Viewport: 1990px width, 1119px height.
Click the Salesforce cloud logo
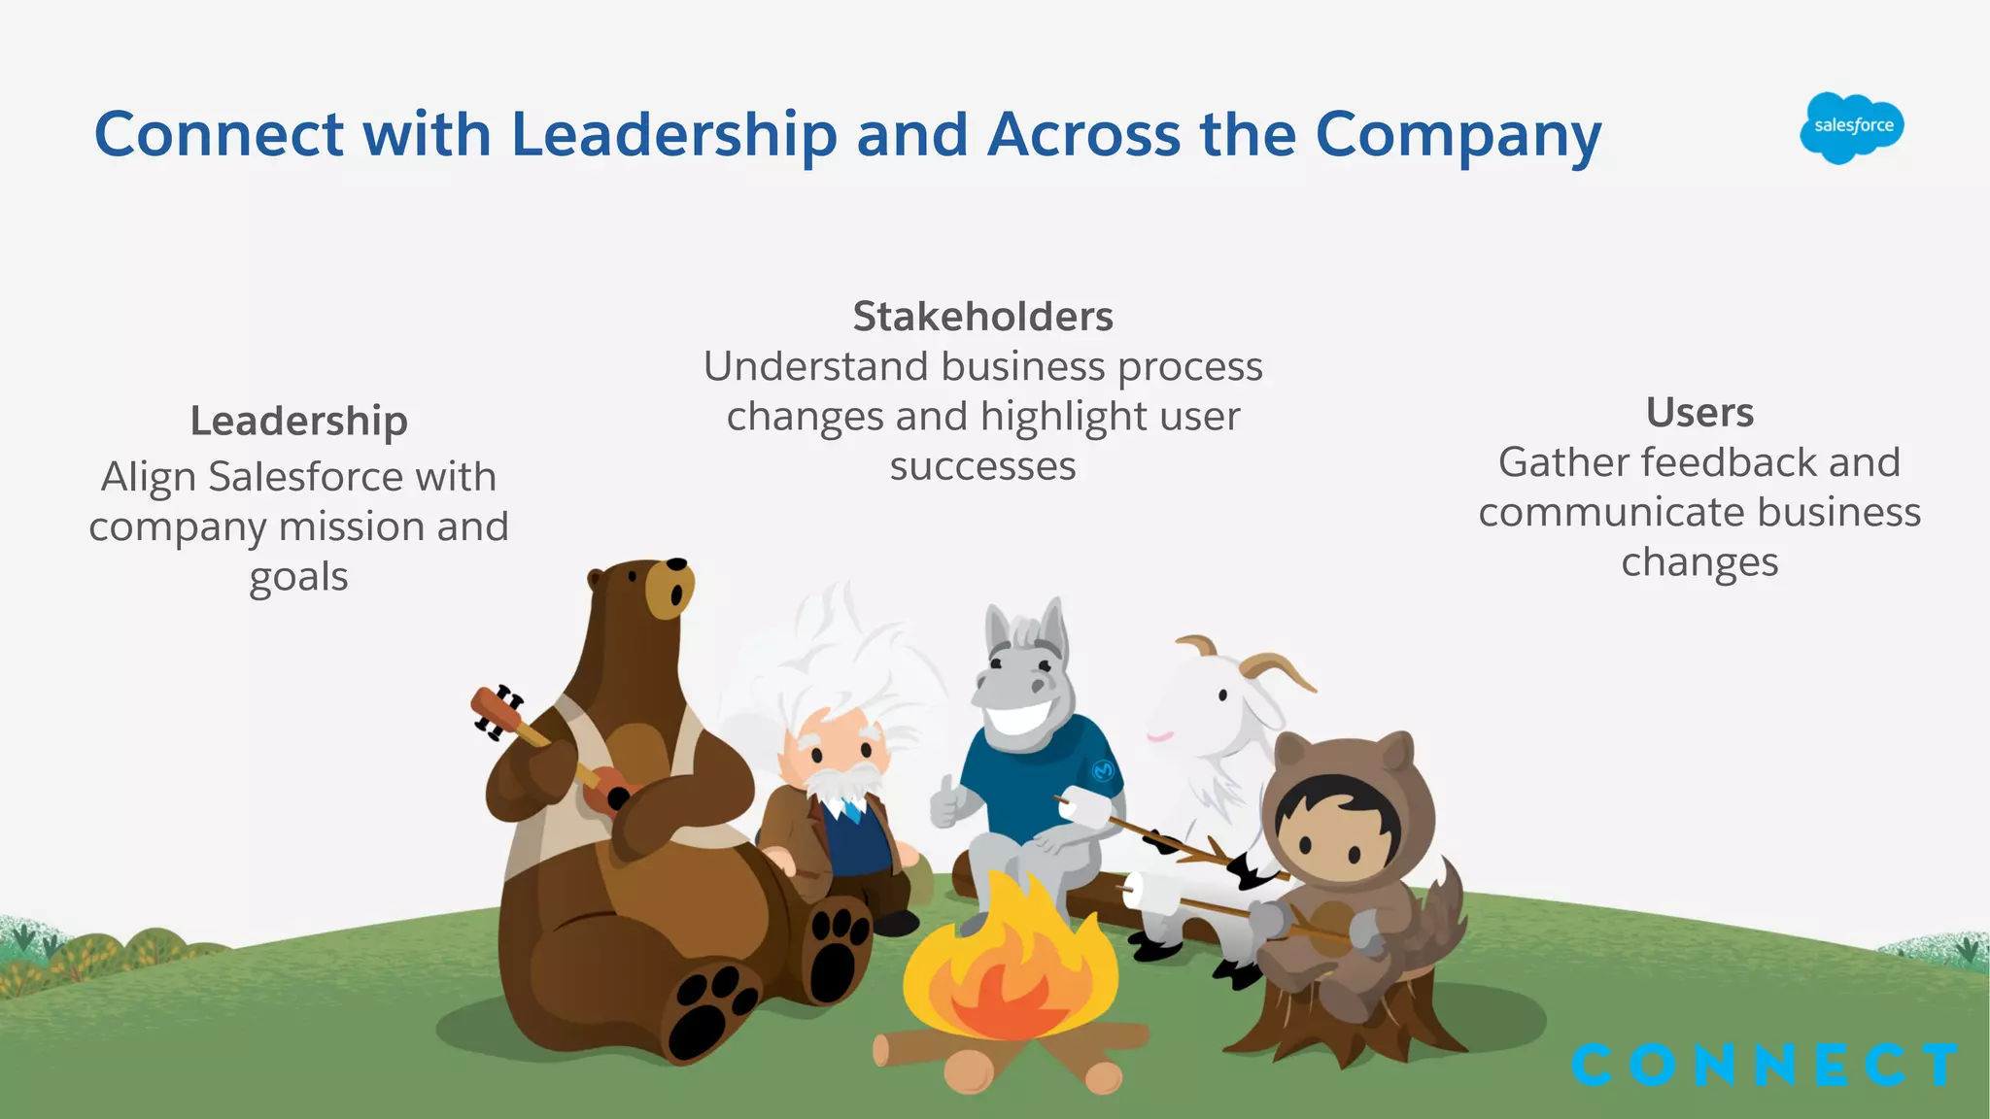point(1851,127)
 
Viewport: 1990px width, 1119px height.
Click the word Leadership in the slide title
point(673,134)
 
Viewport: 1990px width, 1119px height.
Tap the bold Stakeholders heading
point(982,317)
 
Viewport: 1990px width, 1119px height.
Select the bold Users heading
point(1699,413)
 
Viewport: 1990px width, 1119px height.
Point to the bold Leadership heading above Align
point(298,421)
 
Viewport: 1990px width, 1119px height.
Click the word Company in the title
point(1458,134)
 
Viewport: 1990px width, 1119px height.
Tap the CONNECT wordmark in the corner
point(1764,1065)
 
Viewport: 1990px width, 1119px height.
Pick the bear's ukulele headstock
point(496,712)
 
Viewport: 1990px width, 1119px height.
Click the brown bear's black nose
point(676,564)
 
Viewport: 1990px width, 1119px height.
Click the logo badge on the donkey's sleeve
point(1103,770)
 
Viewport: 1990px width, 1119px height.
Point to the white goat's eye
point(1222,695)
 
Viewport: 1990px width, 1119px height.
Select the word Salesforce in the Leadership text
point(305,477)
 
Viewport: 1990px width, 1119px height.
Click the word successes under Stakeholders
point(982,466)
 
